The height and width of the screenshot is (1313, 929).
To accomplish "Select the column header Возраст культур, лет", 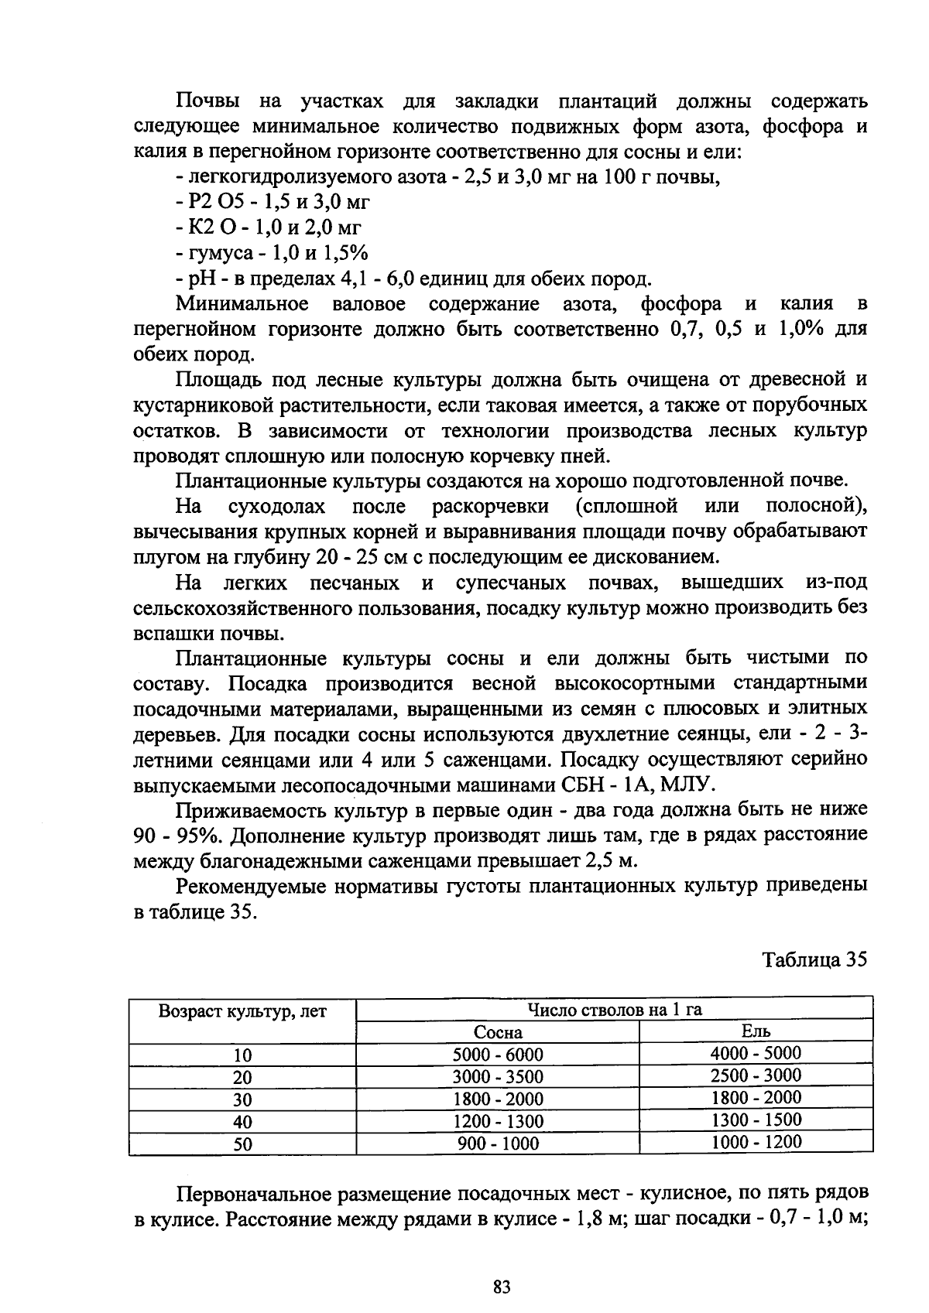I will (x=242, y=1012).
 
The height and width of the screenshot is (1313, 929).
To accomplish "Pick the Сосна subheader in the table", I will (x=498, y=1032).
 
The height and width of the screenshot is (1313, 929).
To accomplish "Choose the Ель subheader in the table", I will (x=756, y=1031).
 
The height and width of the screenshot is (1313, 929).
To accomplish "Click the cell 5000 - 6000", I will (x=498, y=1055).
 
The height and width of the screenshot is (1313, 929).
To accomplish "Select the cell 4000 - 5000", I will (x=756, y=1053).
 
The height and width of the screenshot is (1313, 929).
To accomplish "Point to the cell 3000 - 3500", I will (x=498, y=1077).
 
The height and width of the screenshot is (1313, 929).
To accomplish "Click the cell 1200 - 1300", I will (x=498, y=1121).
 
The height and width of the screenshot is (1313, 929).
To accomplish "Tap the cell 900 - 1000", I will (x=498, y=1144).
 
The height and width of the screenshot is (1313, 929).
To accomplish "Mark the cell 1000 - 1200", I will (x=756, y=1142).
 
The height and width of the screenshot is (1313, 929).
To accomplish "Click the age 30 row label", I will (x=242, y=1099).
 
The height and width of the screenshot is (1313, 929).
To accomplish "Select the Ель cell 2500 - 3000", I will (x=756, y=1075).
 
